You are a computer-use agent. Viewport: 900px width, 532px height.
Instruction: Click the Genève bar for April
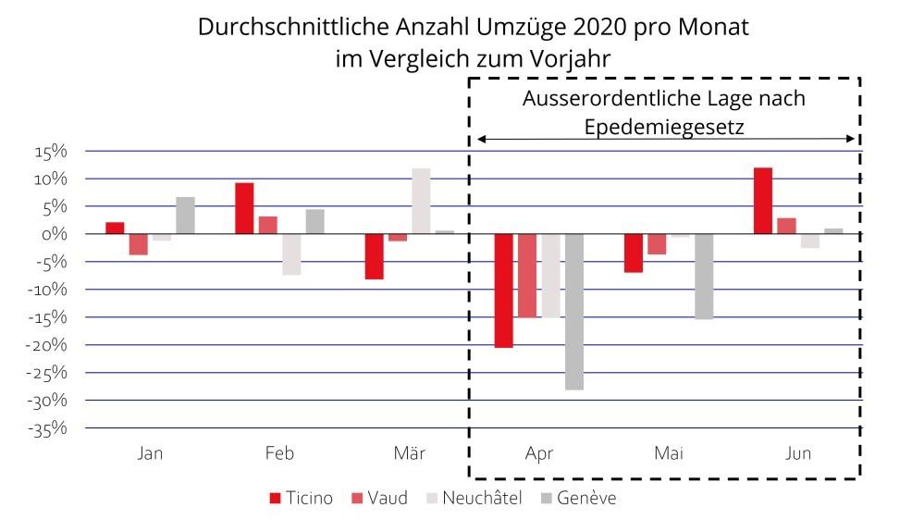574,312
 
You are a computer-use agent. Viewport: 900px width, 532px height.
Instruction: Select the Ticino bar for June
763,201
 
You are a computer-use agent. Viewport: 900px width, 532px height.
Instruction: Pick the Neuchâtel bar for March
421,201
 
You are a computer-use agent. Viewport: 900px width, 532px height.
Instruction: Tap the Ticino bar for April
503,291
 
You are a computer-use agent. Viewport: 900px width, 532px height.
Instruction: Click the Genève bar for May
704,277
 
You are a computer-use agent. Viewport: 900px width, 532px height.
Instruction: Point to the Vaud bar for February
268,225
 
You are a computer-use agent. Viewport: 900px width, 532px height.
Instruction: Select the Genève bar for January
185,216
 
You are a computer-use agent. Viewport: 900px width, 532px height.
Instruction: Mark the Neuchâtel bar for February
291,254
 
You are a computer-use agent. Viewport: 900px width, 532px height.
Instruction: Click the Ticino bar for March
374,256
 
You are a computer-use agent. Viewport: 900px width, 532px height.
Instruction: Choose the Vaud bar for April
527,276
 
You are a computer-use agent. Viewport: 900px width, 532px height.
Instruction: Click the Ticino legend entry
302,499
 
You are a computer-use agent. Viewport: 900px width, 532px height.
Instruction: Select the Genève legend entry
577,499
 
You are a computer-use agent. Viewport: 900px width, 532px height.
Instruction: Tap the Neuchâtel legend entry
473,499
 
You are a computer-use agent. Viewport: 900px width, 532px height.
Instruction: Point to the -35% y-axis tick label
52,428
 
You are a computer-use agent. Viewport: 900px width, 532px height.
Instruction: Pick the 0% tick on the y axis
59,234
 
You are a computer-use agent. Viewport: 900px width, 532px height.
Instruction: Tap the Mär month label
409,454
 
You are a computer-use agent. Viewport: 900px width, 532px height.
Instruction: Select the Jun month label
798,454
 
